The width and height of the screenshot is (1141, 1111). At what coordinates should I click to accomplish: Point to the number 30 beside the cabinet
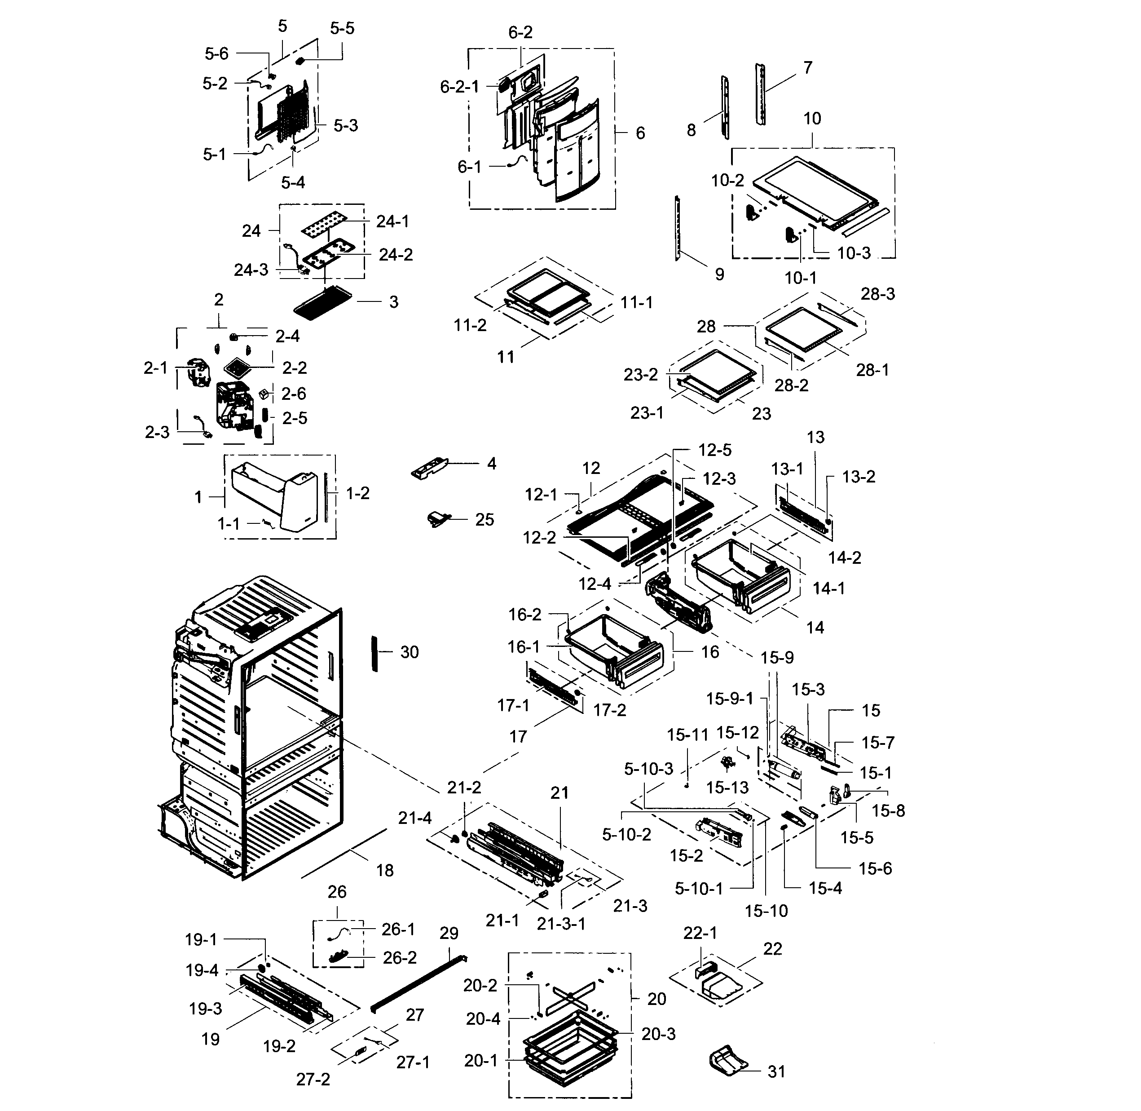409,652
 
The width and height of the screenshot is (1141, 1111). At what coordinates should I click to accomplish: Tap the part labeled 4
430,468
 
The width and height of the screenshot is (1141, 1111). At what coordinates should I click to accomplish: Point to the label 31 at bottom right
776,1072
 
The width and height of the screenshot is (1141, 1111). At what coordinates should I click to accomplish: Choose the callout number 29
449,934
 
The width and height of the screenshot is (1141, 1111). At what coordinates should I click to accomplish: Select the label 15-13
727,788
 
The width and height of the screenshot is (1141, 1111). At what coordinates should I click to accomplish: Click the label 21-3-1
561,924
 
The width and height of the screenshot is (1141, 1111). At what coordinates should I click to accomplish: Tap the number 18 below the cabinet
384,871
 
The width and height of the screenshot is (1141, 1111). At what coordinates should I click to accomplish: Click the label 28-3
877,294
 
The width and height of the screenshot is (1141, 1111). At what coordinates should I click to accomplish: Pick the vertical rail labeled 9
678,229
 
